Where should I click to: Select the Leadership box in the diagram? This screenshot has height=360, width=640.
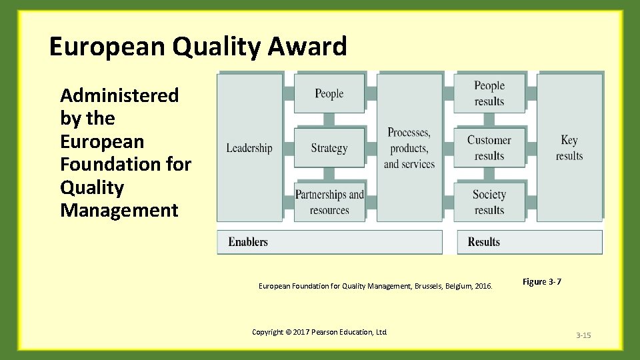click(x=249, y=148)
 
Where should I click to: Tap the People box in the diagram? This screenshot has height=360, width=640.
click(x=329, y=93)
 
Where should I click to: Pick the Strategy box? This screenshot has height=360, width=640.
click(x=329, y=148)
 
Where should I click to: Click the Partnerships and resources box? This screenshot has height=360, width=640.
click(x=329, y=202)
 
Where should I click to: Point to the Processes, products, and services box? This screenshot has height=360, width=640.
click(x=409, y=148)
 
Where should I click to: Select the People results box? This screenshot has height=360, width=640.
click(x=489, y=93)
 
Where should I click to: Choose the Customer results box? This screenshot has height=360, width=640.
click(x=489, y=148)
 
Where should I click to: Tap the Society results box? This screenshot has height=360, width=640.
click(x=489, y=202)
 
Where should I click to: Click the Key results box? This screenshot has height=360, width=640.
click(x=569, y=148)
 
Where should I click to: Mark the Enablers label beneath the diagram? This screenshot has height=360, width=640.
click(x=248, y=242)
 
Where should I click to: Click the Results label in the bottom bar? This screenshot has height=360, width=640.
click(x=484, y=242)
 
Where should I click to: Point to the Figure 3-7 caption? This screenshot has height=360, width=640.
click(x=541, y=282)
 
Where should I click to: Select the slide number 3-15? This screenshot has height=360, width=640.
click(x=583, y=335)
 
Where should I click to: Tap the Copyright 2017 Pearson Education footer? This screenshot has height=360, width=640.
click(x=319, y=332)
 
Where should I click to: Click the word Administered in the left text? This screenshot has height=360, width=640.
click(x=119, y=95)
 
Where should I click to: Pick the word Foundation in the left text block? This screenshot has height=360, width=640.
click(x=101, y=164)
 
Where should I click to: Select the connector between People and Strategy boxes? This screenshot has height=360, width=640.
click(x=329, y=120)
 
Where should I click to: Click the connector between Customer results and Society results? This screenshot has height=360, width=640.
click(x=489, y=175)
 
